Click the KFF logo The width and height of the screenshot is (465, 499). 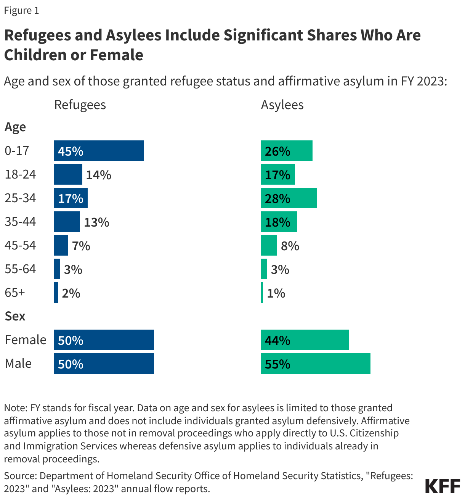point(443,486)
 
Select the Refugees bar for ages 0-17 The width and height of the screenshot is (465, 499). point(99,151)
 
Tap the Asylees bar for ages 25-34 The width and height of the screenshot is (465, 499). point(289,198)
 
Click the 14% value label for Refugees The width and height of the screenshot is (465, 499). point(98,175)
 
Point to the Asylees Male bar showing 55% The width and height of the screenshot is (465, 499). point(315,364)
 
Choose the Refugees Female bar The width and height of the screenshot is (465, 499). point(104,340)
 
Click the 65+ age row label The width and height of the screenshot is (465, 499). point(15,293)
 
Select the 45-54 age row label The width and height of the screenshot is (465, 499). point(20,245)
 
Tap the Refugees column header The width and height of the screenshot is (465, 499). point(80,105)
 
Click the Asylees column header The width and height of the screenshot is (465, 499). point(282,105)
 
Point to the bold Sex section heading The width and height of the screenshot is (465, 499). point(15,316)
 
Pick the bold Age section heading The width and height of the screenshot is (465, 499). point(15,127)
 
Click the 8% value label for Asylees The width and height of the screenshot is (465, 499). point(290,246)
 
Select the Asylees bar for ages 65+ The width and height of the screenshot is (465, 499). point(262,293)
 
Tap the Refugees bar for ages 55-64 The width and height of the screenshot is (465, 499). point(57,269)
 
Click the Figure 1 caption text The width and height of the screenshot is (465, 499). point(21,10)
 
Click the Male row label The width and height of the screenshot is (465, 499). point(18,364)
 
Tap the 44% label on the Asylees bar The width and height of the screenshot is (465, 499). point(277,340)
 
